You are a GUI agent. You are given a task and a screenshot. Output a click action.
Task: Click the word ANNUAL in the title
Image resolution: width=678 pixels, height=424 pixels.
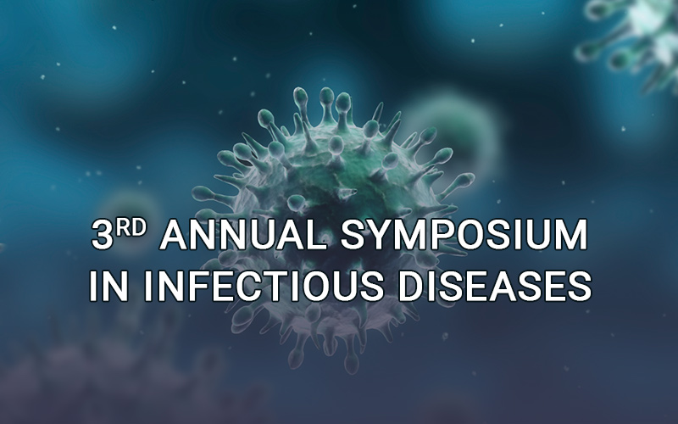click(243, 235)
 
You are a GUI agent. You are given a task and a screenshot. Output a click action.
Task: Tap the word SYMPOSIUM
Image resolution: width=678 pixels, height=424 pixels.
click(464, 235)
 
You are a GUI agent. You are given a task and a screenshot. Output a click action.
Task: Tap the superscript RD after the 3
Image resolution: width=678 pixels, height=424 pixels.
click(131, 227)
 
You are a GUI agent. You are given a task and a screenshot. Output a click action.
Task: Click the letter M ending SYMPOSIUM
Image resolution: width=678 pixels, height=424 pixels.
click(570, 235)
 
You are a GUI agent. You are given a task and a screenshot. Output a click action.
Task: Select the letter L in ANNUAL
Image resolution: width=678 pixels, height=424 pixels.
click(316, 235)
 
